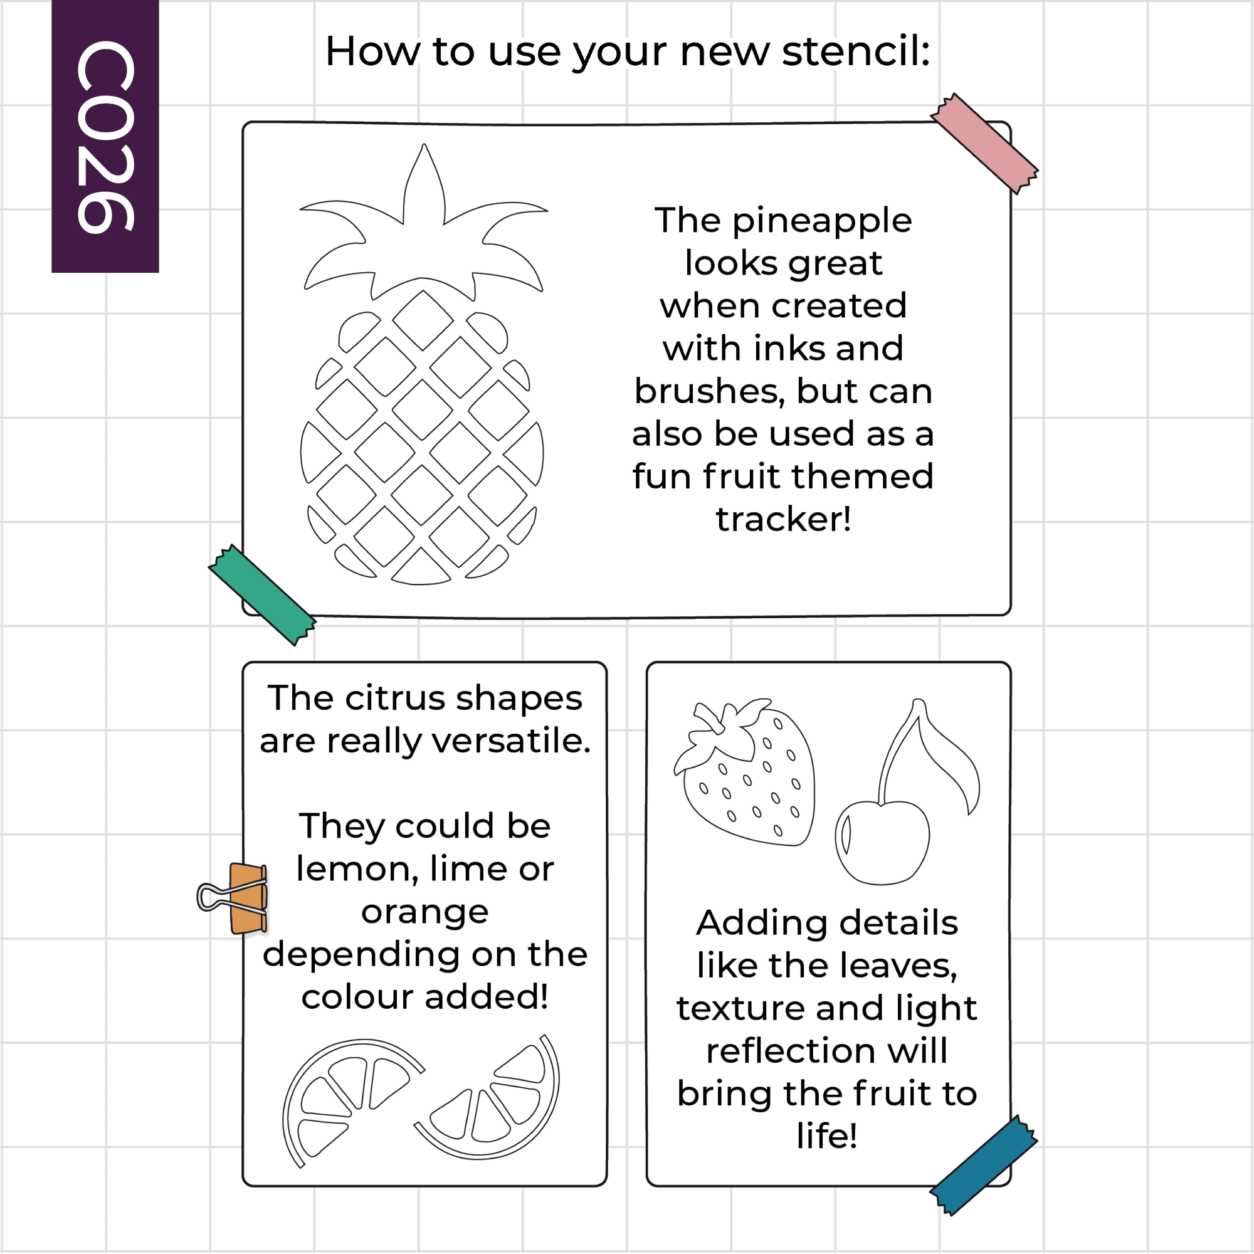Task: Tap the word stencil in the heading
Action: tap(856, 51)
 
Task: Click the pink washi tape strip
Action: tap(984, 144)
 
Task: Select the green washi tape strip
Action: tap(262, 594)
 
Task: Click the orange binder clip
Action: tap(234, 898)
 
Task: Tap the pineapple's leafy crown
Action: tap(424, 224)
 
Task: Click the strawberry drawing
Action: tap(744, 772)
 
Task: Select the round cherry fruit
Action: tap(882, 843)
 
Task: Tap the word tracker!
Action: tap(783, 519)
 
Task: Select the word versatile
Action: tap(512, 740)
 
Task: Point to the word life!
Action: tap(828, 1135)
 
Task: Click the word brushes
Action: tap(710, 391)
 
